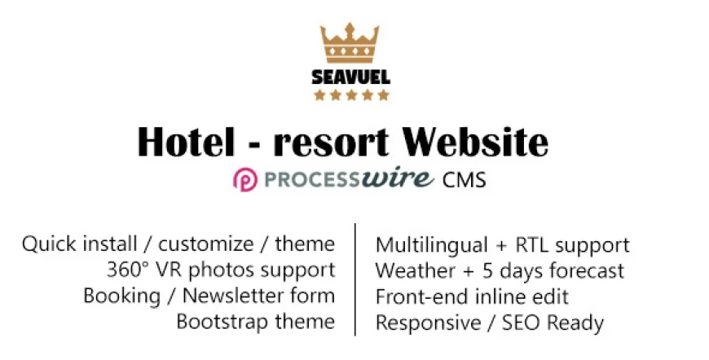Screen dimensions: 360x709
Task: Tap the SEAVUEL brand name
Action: [351, 78]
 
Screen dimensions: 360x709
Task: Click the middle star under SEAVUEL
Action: [352, 95]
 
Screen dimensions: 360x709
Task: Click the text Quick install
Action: [73, 244]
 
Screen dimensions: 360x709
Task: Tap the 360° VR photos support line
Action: [220, 270]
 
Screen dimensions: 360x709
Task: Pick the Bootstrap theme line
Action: [255, 322]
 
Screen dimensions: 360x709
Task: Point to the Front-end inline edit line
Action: [472, 296]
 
